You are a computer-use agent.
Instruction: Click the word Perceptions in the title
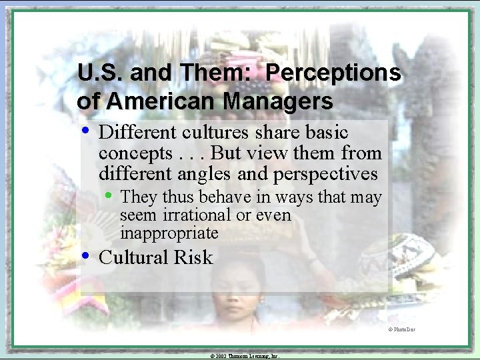(333, 73)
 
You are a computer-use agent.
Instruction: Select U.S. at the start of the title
(99, 73)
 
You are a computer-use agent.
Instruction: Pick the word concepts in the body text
(135, 153)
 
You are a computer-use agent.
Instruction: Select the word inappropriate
(169, 233)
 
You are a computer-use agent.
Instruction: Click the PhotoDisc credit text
(402, 330)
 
